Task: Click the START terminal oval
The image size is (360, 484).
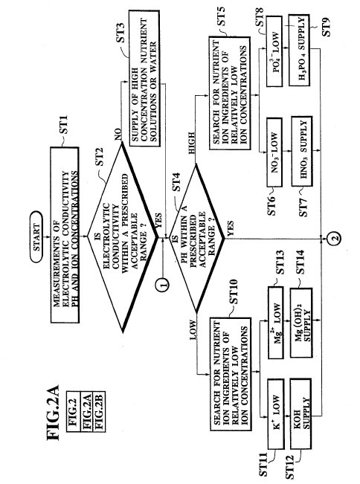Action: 36,236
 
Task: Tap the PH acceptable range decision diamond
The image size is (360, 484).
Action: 196,238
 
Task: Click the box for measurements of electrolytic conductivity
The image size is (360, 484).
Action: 65,235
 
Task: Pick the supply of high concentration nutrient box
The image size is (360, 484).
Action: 144,78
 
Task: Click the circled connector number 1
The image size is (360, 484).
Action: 164,283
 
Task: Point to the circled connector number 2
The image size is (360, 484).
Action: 335,238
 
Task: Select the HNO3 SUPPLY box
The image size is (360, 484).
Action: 302,151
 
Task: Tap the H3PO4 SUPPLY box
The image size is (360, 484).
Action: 299,50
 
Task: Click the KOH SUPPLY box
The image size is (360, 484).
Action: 300,413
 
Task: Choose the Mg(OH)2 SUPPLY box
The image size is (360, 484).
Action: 301,323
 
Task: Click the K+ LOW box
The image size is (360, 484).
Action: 275,413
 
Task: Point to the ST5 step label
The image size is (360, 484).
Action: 222,16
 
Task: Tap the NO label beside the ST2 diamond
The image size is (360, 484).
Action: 118,134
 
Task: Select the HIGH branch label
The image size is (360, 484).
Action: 191,143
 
